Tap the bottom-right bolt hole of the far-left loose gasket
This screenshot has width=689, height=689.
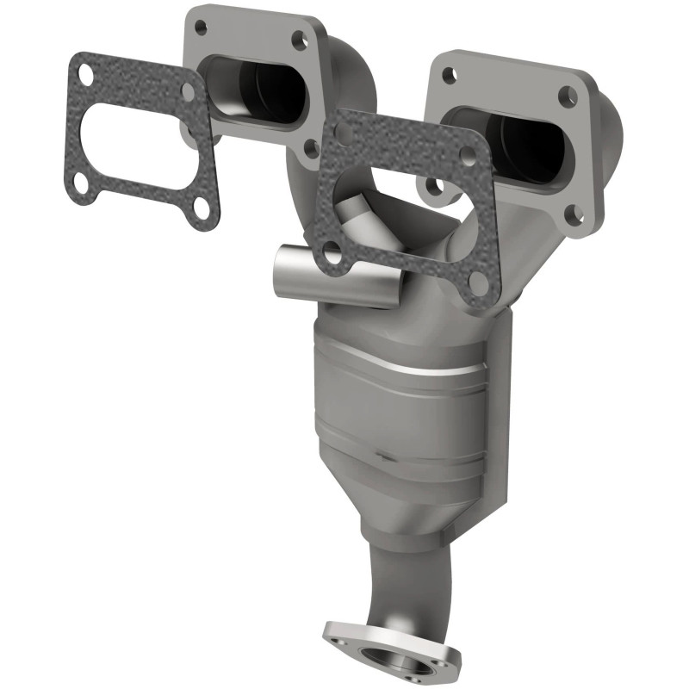tap(201, 205)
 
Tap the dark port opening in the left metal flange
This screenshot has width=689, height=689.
tap(263, 94)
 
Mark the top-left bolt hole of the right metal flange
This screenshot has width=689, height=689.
tap(448, 74)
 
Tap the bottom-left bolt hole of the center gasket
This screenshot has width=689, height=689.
tap(331, 251)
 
